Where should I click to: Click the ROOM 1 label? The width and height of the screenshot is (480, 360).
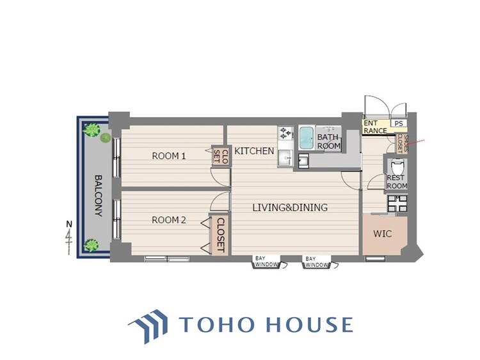pyautogui.click(x=169, y=156)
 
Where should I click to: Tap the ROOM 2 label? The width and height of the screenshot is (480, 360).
pyautogui.click(x=169, y=220)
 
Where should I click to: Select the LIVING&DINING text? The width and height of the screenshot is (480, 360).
pyautogui.click(x=290, y=207)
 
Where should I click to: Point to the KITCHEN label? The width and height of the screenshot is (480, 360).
pyautogui.click(x=254, y=151)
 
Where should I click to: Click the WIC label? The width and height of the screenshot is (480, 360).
pyautogui.click(x=382, y=234)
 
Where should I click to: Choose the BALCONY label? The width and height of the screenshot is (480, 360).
pyautogui.click(x=98, y=196)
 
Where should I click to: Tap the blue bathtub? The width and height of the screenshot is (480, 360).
pyautogui.click(x=306, y=138)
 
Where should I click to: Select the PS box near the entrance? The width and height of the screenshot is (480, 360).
pyautogui.click(x=399, y=123)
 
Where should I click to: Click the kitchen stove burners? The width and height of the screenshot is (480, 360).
pyautogui.click(x=285, y=133)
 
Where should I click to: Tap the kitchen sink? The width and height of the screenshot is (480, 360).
pyautogui.click(x=285, y=158)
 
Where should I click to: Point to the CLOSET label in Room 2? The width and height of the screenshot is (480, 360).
pyautogui.click(x=220, y=235)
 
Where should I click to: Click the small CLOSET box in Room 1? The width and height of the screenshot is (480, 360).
pyautogui.click(x=220, y=156)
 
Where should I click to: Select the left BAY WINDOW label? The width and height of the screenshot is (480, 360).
pyautogui.click(x=266, y=262)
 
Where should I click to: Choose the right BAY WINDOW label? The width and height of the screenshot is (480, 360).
pyautogui.click(x=317, y=262)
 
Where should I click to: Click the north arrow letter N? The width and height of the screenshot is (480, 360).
pyautogui.click(x=69, y=224)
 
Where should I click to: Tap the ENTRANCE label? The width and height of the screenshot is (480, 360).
pyautogui.click(x=375, y=127)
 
